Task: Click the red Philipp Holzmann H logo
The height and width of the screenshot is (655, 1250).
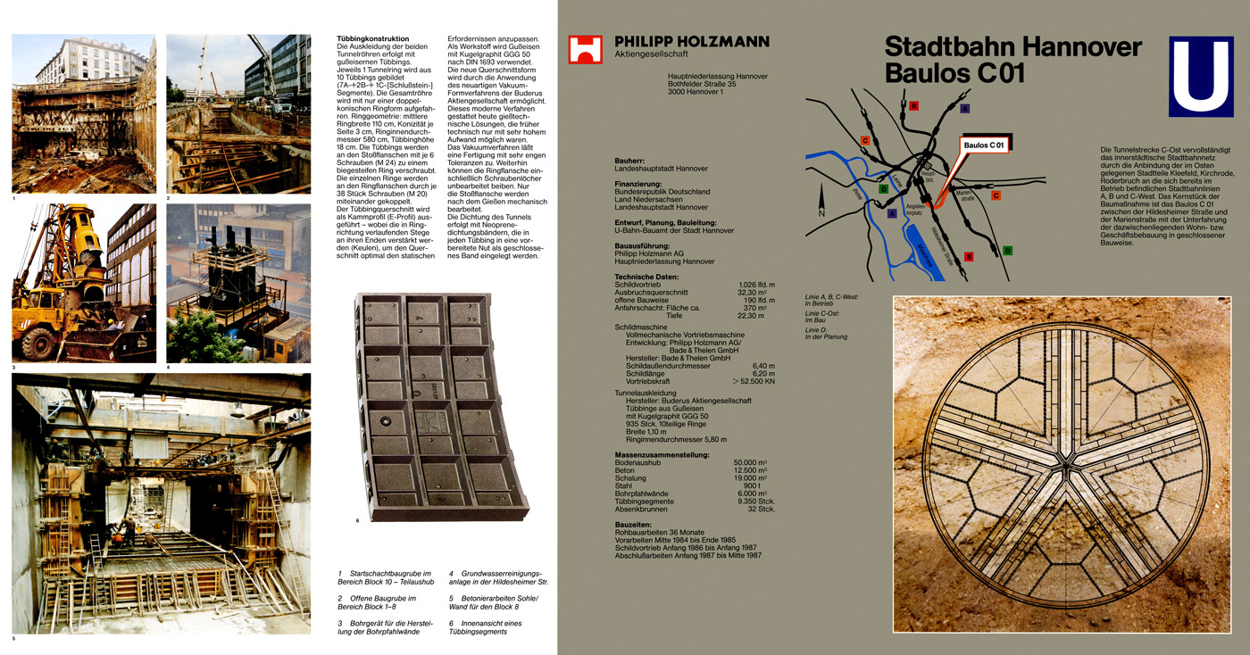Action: click(585, 49)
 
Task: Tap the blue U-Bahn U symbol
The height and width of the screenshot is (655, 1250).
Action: click(1201, 76)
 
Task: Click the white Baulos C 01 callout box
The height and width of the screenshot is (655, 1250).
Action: click(983, 145)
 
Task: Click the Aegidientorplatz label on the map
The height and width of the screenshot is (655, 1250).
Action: click(912, 209)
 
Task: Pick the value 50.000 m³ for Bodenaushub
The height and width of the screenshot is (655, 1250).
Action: click(750, 462)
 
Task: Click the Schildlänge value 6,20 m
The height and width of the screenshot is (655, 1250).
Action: click(762, 373)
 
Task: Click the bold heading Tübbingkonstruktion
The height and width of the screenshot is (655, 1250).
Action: click(372, 39)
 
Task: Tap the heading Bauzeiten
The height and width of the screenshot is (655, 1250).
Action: click(633, 524)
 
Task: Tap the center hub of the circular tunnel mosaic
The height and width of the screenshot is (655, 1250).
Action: click(1062, 464)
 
